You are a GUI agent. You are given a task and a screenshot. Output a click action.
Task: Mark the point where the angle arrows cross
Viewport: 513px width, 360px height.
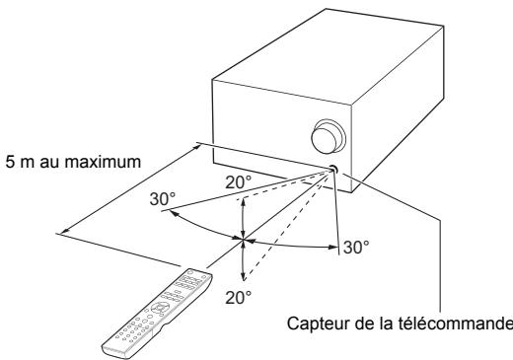tap(243, 239)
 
